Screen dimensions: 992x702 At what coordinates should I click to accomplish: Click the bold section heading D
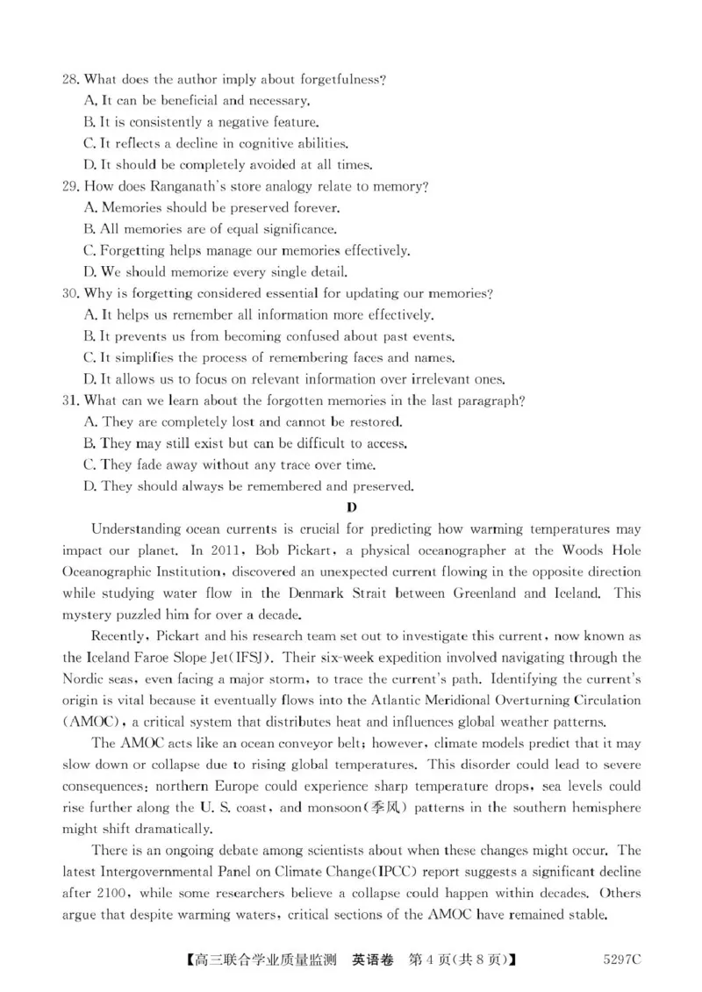[x=351, y=508]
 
